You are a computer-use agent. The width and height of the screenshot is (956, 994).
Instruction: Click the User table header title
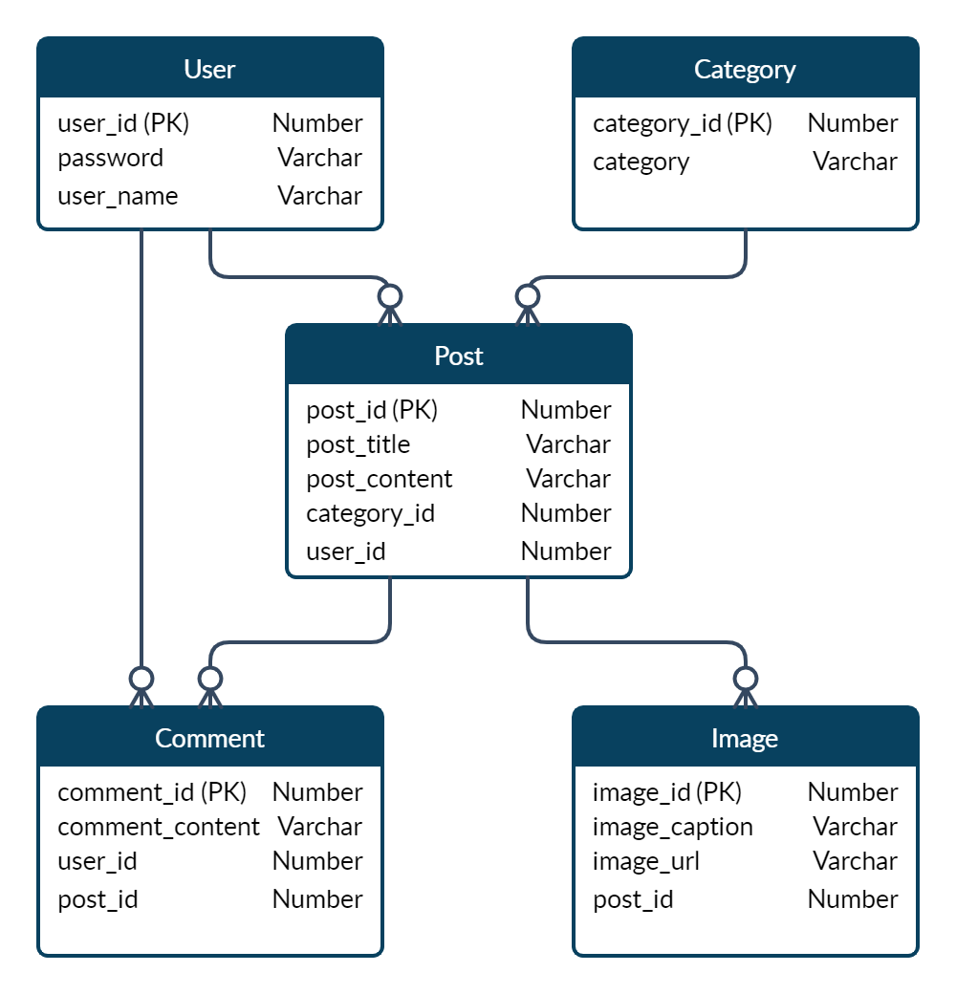pyautogui.click(x=209, y=70)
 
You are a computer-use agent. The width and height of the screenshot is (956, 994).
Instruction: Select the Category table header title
pyautogui.click(x=745, y=70)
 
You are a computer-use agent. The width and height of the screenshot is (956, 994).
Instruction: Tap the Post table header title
pyautogui.click(x=459, y=357)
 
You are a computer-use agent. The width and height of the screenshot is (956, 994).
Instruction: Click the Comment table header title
pyautogui.click(x=209, y=739)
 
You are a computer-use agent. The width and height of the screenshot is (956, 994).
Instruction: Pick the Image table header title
pyautogui.click(x=745, y=739)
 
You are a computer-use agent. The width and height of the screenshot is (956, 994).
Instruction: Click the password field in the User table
pyautogui.click(x=110, y=158)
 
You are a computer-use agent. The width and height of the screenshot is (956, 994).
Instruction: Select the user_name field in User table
pyautogui.click(x=118, y=196)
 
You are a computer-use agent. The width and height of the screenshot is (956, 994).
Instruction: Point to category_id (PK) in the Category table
pyautogui.click(x=682, y=123)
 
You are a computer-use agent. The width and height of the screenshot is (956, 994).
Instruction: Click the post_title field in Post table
pyautogui.click(x=358, y=444)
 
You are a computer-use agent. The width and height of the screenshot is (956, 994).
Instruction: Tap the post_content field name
pyautogui.click(x=379, y=479)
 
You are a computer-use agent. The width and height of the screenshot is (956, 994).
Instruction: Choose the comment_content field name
pyautogui.click(x=158, y=827)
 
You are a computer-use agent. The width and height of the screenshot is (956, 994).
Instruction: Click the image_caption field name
pyautogui.click(x=672, y=827)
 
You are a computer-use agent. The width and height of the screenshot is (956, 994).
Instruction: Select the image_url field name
pyautogui.click(x=645, y=861)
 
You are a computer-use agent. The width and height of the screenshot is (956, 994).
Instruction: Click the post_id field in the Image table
pyautogui.click(x=633, y=899)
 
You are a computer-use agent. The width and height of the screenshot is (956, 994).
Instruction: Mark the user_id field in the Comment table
pyautogui.click(x=97, y=861)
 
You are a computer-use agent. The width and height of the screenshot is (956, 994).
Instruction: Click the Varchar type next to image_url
pyautogui.click(x=855, y=861)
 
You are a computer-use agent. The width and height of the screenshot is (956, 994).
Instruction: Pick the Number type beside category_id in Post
pyautogui.click(x=566, y=513)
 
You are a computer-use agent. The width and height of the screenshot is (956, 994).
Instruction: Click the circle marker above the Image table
pyautogui.click(x=745, y=679)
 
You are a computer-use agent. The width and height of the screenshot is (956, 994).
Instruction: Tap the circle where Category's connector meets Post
pyautogui.click(x=527, y=295)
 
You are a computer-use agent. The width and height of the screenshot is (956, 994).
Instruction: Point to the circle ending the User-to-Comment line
pyautogui.click(x=141, y=679)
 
